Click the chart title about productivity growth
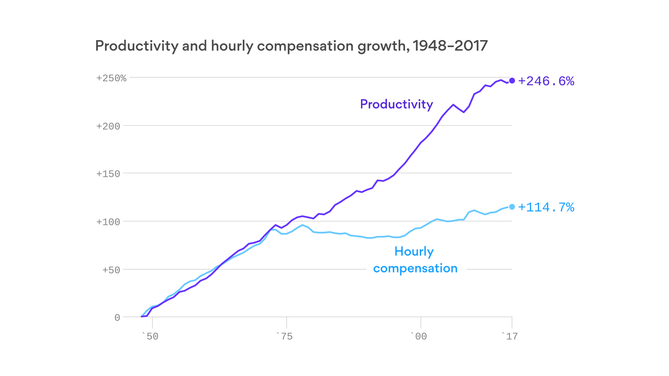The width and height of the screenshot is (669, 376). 291,46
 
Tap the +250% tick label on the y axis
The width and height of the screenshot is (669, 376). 111,78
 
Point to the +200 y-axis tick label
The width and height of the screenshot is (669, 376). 108,126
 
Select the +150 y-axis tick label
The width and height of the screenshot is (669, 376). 108,174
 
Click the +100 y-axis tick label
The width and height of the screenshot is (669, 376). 108,222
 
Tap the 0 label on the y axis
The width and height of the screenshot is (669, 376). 117,318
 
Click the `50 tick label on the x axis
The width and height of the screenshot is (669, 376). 150,336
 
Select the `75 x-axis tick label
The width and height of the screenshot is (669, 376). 284,336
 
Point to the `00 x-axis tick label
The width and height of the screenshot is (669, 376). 418,336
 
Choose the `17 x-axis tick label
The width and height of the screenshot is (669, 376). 509,336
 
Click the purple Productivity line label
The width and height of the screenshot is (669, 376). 396,104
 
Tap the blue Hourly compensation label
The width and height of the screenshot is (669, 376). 415,260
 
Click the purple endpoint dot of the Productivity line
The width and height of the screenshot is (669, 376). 512,81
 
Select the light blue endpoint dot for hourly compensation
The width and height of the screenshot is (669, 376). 512,207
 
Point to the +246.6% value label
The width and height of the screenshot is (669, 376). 546,81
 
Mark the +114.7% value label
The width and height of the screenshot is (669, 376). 546,208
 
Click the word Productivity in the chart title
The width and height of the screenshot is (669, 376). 136,46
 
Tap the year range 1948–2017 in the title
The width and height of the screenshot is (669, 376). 450,46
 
